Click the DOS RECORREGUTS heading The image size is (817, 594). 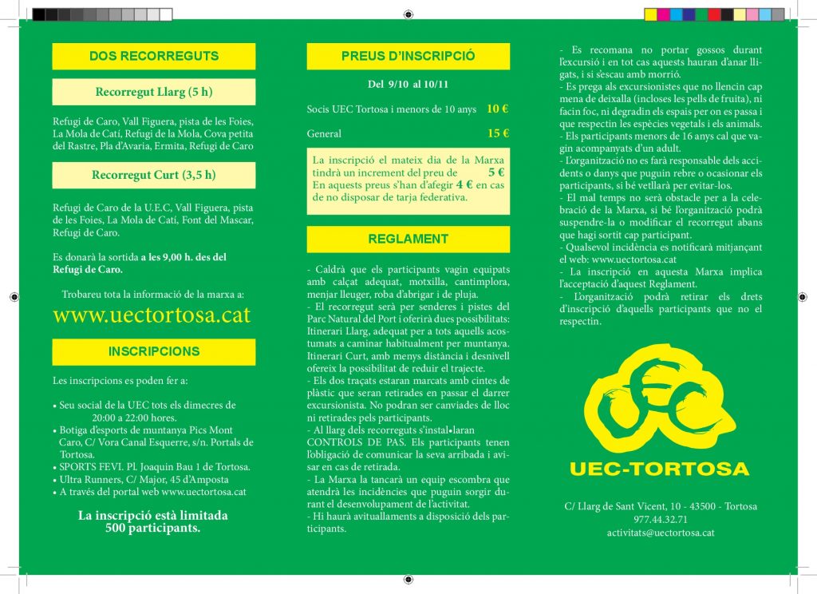point(154,56)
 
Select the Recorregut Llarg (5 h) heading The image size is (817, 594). point(154,92)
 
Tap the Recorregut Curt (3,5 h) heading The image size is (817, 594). point(154,175)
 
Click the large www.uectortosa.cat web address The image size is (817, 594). point(152,315)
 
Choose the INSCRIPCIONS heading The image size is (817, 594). point(154,351)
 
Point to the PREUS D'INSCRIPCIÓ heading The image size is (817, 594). point(408,56)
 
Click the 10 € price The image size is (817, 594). point(497,109)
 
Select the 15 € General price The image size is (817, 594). point(498,133)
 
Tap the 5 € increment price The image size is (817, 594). point(496,172)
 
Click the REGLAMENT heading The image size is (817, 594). point(408,239)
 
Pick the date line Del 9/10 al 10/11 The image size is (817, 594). point(408,83)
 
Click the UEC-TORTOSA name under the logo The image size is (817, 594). point(659,469)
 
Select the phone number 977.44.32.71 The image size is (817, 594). point(660,519)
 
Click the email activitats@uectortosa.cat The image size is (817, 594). point(660,532)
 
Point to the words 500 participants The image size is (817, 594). point(152,528)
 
